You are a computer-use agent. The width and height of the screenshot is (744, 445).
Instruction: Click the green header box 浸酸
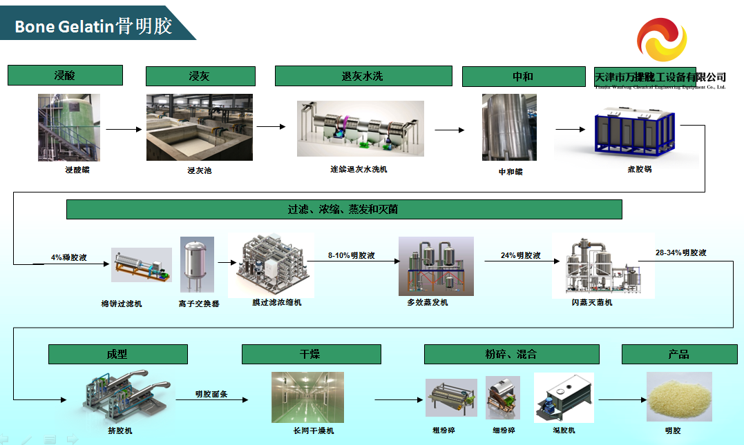point(65,75)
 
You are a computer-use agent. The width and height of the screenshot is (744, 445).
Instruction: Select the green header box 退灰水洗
point(363,76)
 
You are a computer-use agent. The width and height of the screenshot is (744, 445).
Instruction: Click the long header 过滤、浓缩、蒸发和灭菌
point(344,209)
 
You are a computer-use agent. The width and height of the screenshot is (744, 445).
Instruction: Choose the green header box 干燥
point(311,355)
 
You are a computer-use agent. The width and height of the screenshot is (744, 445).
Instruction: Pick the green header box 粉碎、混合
point(511,355)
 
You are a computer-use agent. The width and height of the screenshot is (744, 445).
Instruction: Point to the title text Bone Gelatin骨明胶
point(93,26)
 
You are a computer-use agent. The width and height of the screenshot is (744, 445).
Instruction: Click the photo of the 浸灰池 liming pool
point(200,128)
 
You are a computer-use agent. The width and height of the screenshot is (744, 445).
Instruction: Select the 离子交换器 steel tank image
point(197,265)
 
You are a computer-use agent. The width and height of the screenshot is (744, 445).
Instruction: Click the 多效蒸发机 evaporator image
point(436,266)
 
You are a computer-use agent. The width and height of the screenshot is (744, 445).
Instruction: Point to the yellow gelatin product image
point(679,397)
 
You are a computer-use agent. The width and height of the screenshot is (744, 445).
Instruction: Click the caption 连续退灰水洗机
point(359,169)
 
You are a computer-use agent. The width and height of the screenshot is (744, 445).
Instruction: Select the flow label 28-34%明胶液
point(681,253)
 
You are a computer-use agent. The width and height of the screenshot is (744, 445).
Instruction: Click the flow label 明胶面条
point(211,395)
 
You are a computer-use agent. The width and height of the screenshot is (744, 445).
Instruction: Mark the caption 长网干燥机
point(313,431)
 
